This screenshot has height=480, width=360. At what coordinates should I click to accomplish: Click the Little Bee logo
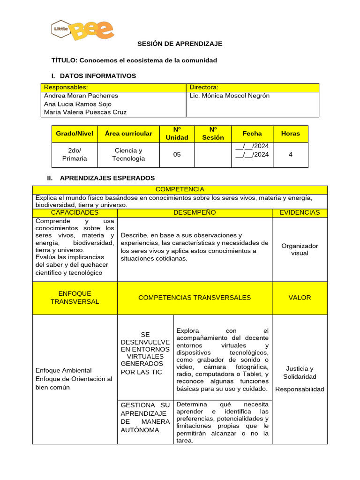tap(82, 30)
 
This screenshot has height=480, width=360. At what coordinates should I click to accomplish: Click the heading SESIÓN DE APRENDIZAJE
tap(180, 44)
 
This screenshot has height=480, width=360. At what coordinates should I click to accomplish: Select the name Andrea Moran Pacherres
tap(81, 96)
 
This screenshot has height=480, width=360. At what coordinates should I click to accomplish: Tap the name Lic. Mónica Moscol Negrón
tap(229, 96)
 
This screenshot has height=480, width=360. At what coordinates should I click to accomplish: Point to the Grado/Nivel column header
tap(75, 134)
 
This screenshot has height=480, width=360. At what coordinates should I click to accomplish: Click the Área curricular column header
tap(128, 134)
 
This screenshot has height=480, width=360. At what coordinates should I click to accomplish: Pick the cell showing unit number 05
tap(177, 155)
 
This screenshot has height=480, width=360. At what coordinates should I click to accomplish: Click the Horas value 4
tap(291, 155)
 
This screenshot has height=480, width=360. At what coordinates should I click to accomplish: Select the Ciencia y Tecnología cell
tap(128, 155)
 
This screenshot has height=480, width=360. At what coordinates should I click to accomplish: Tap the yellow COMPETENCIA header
tap(180, 189)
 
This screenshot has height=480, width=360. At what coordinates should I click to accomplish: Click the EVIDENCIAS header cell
tap(300, 213)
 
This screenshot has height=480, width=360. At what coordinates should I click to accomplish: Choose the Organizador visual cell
tap(300, 249)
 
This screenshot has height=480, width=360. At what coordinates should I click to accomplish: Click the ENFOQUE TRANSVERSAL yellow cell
tap(75, 298)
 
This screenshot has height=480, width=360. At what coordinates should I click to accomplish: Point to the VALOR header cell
tap(300, 298)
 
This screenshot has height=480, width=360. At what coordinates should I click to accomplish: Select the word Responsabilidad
tap(300, 390)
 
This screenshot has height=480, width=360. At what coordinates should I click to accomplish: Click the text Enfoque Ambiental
tap(64, 371)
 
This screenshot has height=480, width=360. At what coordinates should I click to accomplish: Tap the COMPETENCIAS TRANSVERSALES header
tap(195, 298)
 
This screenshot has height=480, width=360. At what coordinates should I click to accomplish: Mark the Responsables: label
tap(66, 87)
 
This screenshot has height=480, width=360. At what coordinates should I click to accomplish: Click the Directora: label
tap(204, 87)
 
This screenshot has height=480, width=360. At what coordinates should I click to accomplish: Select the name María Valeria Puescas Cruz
tap(85, 112)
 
